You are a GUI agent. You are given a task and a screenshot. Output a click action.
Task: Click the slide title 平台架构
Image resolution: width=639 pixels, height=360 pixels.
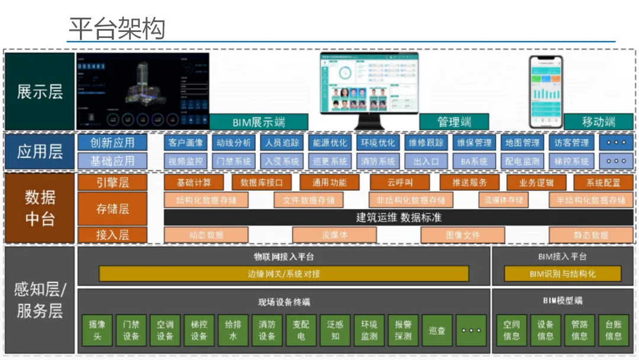116,28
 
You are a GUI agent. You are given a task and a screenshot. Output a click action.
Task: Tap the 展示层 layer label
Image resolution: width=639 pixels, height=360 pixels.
40,91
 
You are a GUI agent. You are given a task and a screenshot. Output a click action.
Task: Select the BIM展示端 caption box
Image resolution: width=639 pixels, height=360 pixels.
259,122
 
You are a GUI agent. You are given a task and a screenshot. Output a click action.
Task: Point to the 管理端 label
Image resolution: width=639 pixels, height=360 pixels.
454,122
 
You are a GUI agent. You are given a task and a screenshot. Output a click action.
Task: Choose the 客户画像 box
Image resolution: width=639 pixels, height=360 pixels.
186,143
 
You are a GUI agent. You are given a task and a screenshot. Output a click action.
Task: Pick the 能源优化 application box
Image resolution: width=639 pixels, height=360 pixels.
330,143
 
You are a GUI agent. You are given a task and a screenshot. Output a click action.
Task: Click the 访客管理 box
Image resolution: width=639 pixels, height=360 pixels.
572,143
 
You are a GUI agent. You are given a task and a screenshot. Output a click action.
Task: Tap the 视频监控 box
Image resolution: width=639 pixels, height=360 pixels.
186,161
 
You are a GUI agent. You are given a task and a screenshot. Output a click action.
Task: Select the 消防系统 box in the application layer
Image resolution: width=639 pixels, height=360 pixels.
378,161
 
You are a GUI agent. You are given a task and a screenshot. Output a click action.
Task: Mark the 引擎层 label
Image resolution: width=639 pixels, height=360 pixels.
112,182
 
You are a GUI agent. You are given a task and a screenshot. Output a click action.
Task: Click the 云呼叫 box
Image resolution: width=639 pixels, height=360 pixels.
400,182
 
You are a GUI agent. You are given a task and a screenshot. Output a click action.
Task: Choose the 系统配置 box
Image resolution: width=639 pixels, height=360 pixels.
603,182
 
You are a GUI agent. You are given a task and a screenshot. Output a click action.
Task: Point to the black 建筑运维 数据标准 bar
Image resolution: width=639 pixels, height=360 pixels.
399,217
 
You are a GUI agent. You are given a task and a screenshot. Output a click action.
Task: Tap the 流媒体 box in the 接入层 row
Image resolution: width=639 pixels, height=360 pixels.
334,235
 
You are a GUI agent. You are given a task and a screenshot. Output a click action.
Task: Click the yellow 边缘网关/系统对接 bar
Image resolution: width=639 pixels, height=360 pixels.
283,274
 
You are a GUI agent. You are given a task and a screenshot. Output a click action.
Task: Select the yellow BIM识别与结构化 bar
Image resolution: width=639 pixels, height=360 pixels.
562,274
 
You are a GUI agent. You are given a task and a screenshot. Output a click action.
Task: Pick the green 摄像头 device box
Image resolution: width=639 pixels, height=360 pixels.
96,330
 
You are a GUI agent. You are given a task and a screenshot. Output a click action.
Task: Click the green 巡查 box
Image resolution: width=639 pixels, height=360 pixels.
437,330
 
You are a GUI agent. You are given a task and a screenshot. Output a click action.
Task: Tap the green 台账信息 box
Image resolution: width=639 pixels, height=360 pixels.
614,330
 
